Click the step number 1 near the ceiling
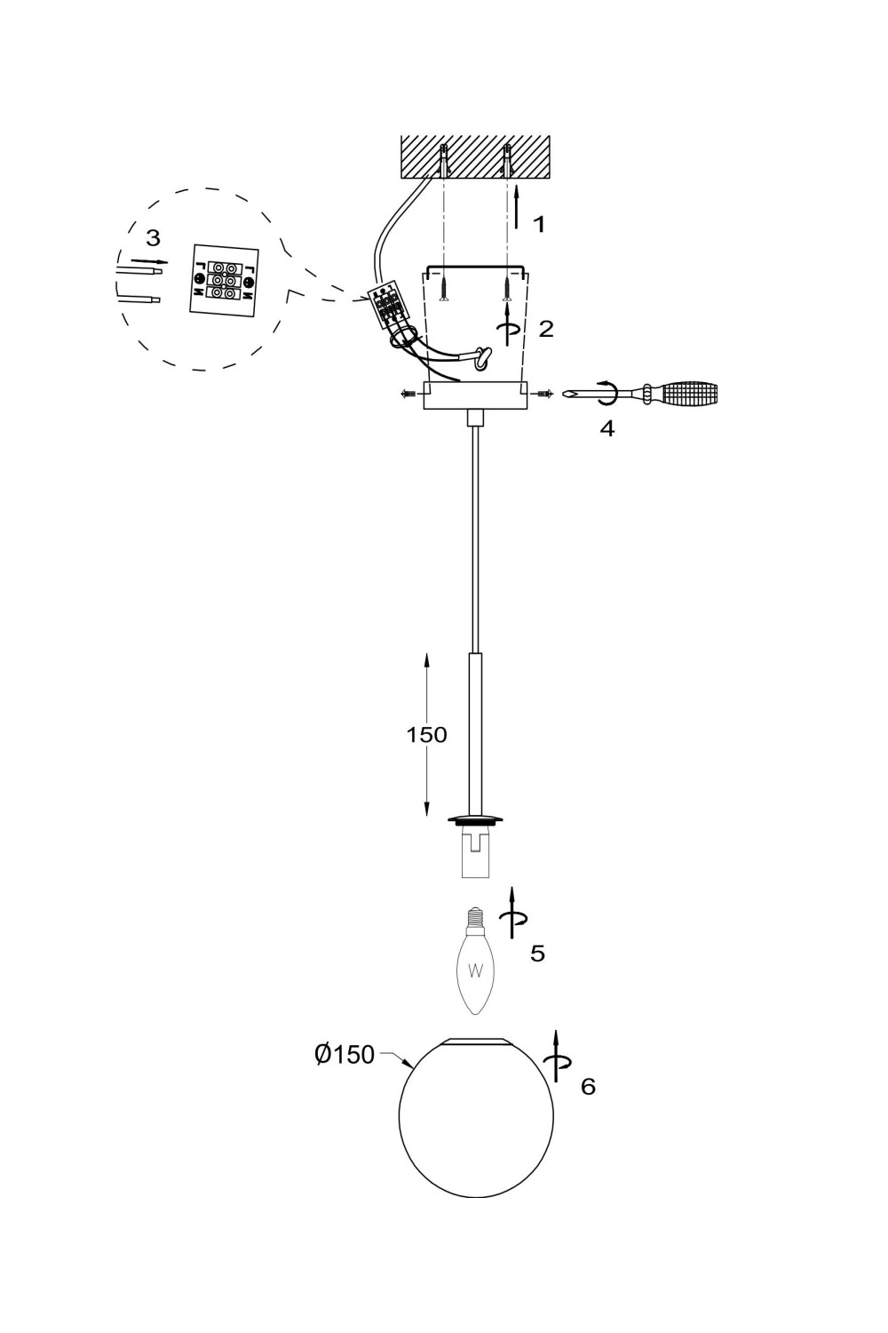pos(539,224)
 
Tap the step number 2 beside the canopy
pos(546,329)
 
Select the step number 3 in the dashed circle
pos(153,238)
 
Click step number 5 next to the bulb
pos(537,954)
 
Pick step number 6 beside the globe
pos(588,1087)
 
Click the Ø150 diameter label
pos(345,1055)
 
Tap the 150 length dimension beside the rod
pos(426,735)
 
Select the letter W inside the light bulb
pos(475,972)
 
